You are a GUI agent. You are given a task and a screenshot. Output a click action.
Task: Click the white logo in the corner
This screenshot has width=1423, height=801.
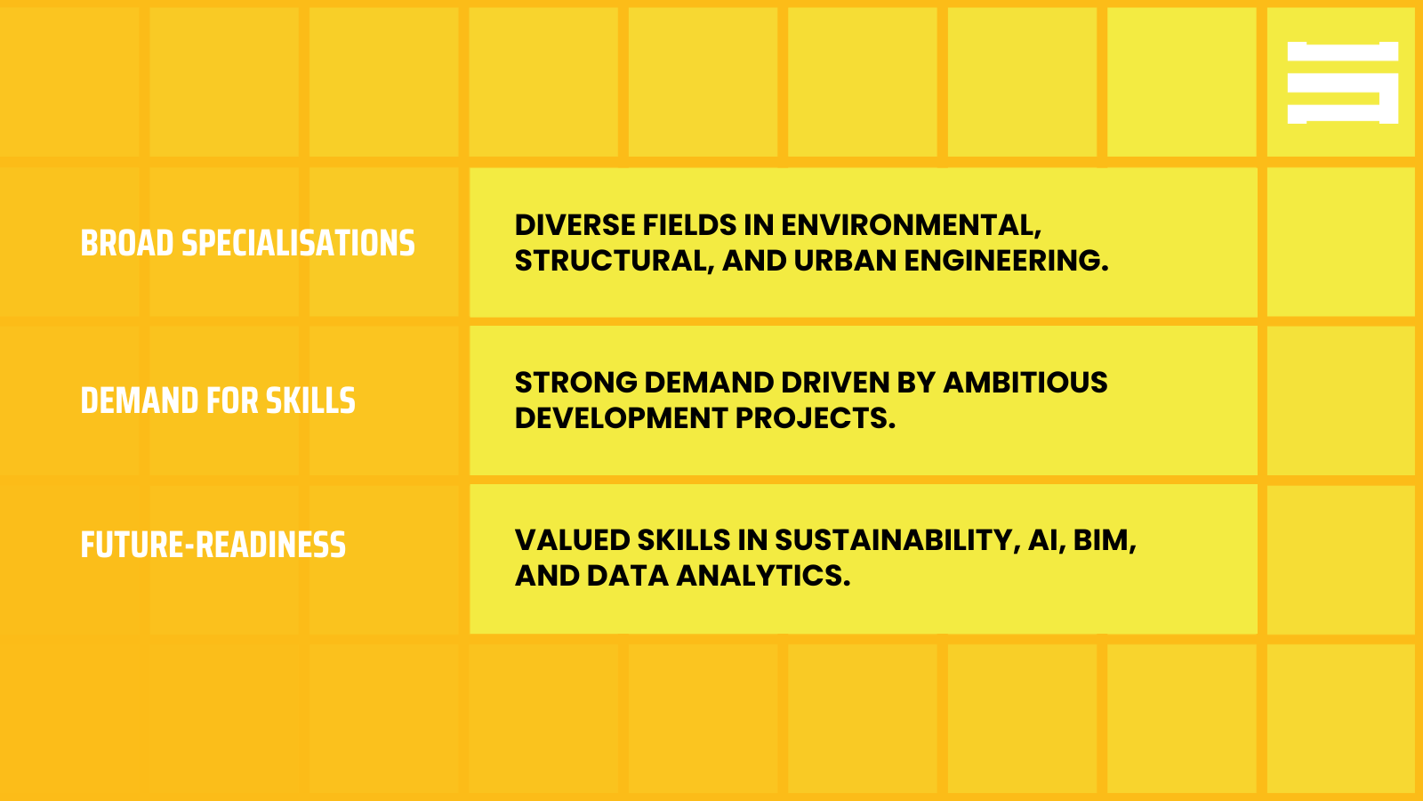click(1342, 83)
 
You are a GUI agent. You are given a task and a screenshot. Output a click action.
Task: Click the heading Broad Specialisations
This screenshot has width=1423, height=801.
click(247, 243)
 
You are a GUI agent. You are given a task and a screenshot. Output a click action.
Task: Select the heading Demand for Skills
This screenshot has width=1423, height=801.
click(218, 400)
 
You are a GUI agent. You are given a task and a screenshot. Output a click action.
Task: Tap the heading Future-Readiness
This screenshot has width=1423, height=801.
click(213, 545)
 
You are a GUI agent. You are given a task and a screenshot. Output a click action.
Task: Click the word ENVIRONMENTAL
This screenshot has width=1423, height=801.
click(910, 225)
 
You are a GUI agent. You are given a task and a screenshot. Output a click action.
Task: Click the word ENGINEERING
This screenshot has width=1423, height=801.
click(1006, 261)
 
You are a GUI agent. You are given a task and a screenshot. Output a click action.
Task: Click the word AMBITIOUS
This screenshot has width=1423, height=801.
click(1025, 383)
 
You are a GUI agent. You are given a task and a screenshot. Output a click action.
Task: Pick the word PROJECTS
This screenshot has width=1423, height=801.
click(815, 418)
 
